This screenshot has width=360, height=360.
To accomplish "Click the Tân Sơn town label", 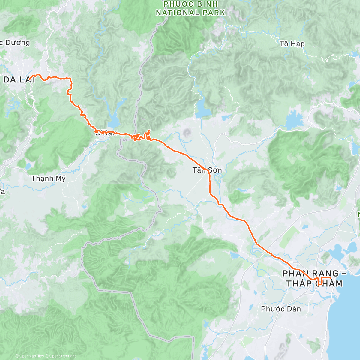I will (207, 170).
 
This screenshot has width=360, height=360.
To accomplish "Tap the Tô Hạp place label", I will (292, 44).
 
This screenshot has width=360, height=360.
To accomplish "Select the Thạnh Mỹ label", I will (48, 178).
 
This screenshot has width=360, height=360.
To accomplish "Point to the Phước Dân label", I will (281, 309).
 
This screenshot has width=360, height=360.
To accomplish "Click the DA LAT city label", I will (19, 79).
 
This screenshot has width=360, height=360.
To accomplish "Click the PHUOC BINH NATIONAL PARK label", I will (190, 8).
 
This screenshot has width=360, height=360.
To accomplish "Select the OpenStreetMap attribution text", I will (63, 356).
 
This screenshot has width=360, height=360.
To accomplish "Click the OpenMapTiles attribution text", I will (31, 356).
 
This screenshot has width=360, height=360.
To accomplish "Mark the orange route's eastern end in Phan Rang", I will (330, 278).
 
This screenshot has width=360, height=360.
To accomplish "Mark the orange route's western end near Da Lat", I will (30, 80).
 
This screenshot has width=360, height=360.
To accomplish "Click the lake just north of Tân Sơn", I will (203, 111).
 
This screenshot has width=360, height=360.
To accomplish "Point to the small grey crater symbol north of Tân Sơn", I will (188, 132).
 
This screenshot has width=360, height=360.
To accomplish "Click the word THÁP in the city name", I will (300, 283).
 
